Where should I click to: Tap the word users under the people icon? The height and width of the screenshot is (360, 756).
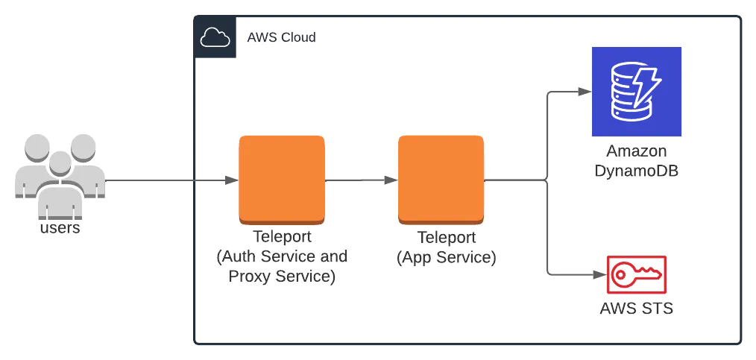(x=60, y=228)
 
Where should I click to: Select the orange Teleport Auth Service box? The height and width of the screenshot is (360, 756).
(x=282, y=180)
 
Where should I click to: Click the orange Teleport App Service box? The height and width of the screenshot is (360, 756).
(x=441, y=180)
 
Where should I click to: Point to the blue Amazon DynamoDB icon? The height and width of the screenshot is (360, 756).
(x=636, y=91)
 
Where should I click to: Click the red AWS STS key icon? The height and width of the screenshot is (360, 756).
(x=636, y=275)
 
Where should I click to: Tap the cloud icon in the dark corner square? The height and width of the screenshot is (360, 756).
(x=215, y=37)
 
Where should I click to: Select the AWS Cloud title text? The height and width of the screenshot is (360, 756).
(x=281, y=37)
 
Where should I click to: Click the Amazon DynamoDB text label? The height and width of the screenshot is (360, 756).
(x=636, y=160)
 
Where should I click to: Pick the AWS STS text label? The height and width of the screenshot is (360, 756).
(x=636, y=308)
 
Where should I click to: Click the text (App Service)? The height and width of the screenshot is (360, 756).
(x=446, y=258)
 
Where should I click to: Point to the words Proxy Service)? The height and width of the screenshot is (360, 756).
(x=282, y=276)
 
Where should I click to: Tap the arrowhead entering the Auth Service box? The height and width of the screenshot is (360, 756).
(x=233, y=180)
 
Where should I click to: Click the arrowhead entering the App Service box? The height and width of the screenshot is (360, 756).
(x=392, y=180)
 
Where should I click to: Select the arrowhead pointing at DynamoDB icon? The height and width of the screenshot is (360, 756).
(x=586, y=92)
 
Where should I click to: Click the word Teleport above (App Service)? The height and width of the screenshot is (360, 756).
(x=446, y=239)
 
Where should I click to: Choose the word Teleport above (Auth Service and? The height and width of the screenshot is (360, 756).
(x=282, y=238)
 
